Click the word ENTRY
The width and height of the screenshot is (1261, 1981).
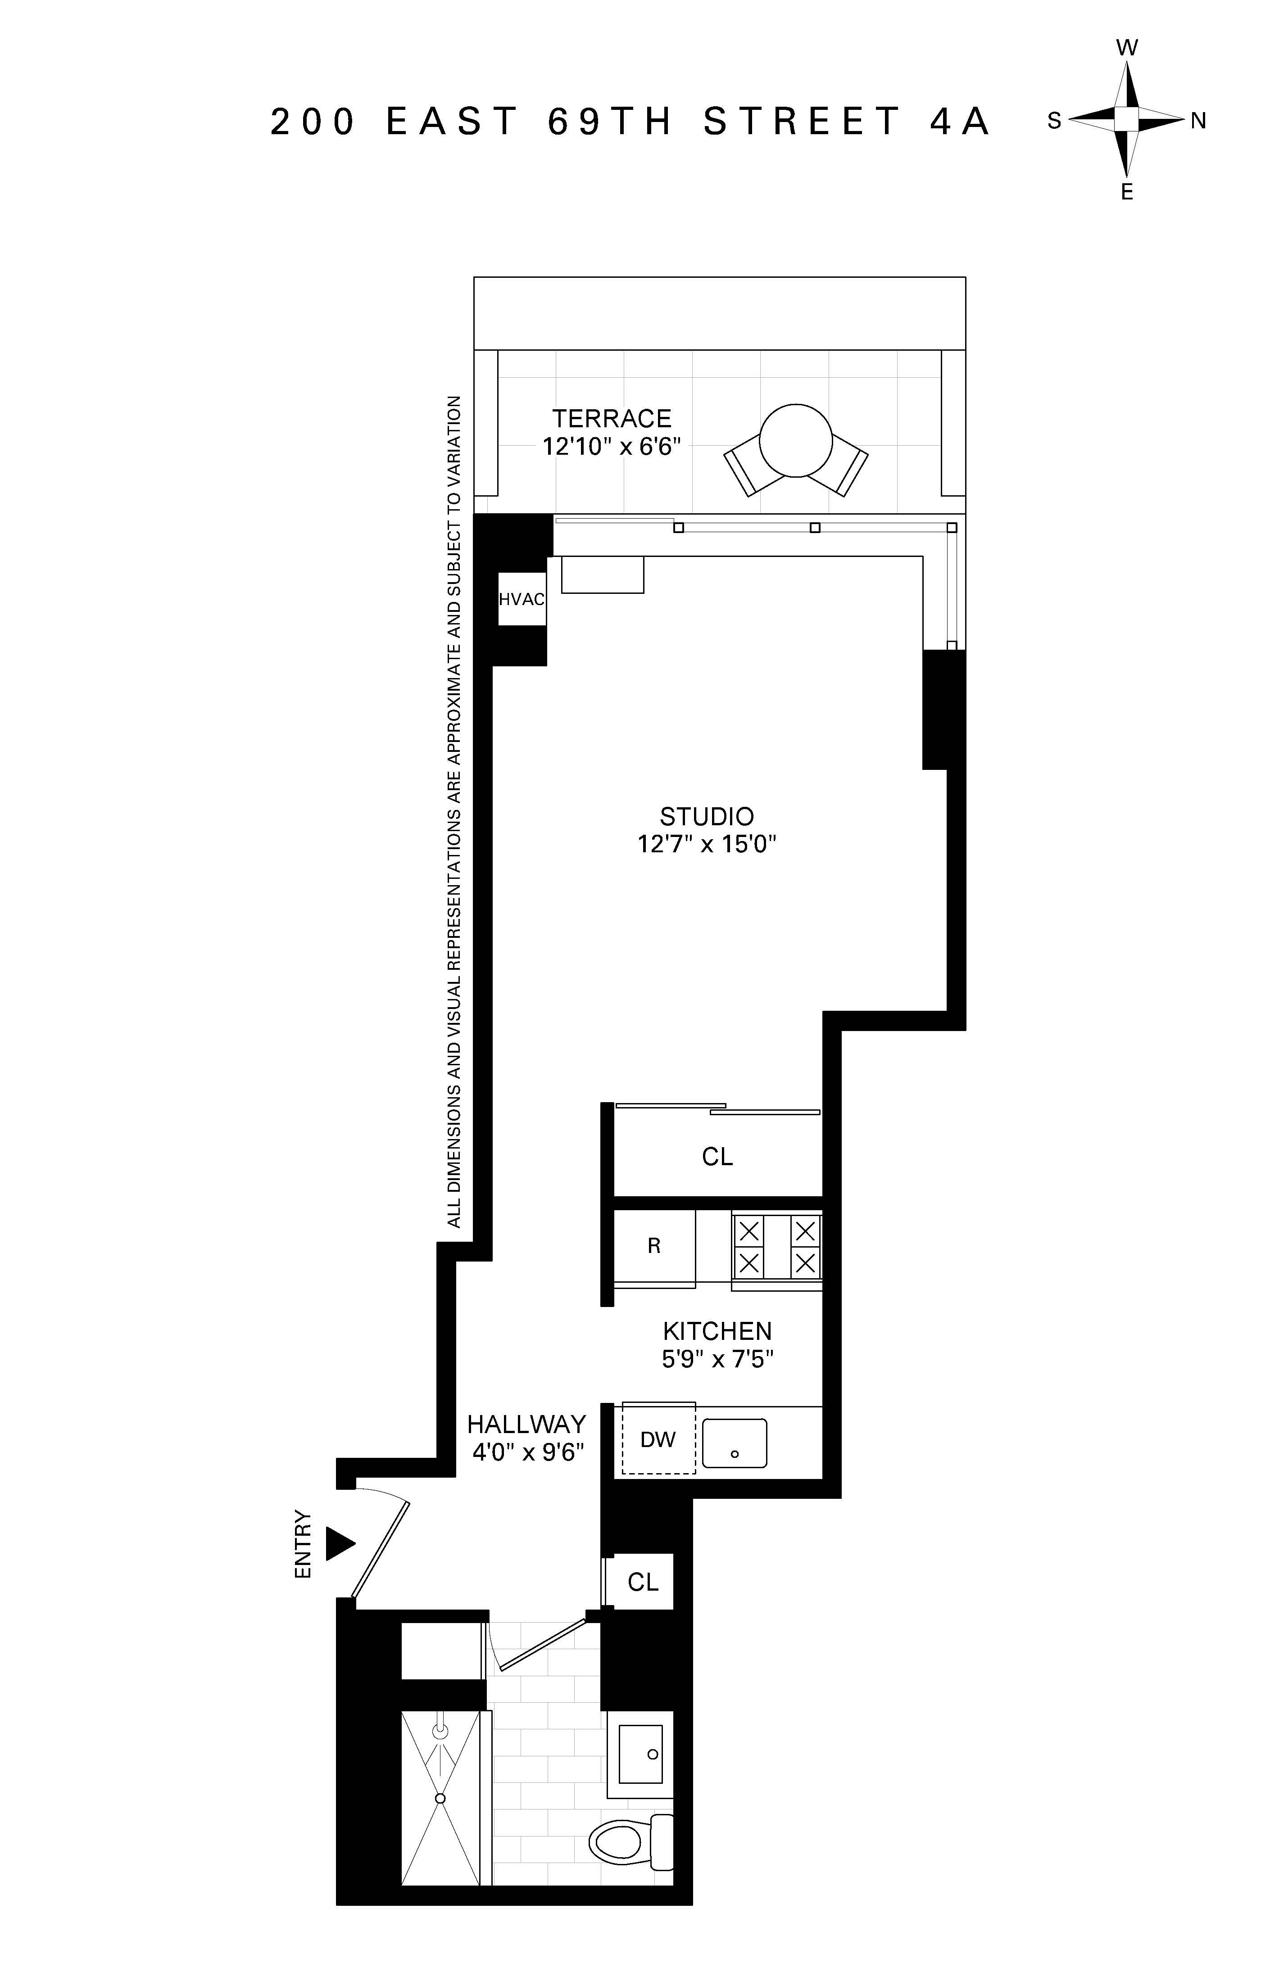pos(304,1544)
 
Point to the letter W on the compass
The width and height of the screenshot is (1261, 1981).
pos(1127,48)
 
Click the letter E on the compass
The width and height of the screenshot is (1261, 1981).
pos(1127,193)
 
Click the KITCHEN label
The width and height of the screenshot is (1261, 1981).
pos(717,1330)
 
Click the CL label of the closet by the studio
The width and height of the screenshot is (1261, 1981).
pos(717,1157)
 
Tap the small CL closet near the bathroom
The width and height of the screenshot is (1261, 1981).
pos(643,1581)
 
